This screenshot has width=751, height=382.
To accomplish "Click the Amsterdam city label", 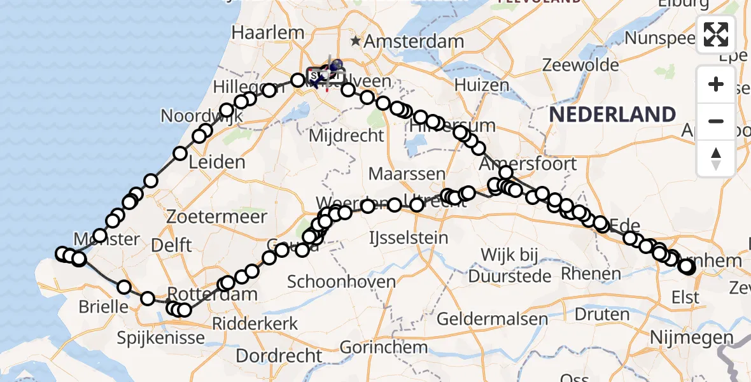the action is [x=415, y=42].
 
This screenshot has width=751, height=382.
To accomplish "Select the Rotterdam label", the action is [x=213, y=295].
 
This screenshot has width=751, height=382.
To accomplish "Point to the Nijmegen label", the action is [x=692, y=337].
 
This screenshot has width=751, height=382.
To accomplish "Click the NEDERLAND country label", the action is [x=612, y=115].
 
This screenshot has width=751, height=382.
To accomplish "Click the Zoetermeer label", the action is [x=217, y=216].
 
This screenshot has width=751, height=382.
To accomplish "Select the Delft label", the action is [x=172, y=244].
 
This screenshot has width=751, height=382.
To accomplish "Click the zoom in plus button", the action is [x=716, y=84].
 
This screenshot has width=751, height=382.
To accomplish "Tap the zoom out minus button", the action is [x=716, y=121].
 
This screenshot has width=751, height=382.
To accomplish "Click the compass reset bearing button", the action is [x=716, y=158].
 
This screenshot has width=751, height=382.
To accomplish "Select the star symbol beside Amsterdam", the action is [x=356, y=41].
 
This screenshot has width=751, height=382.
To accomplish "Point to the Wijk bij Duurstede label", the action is [x=509, y=266].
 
